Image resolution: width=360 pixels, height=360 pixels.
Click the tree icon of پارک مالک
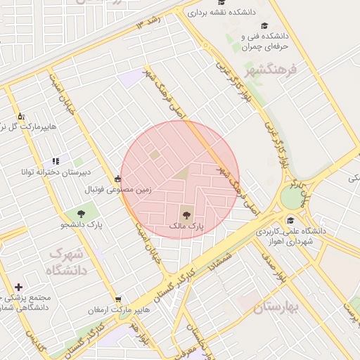tap(186, 215)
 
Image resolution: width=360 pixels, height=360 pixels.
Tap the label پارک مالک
tap(186, 227)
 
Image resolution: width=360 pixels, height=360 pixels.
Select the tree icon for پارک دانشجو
tap(82, 212)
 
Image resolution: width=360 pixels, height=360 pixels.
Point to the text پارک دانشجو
tap(82, 225)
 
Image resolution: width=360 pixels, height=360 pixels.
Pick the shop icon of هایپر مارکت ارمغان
tap(117, 300)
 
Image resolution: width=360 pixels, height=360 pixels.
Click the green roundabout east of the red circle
tap(291, 198)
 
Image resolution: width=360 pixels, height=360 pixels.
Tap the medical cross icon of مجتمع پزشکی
tap(18, 287)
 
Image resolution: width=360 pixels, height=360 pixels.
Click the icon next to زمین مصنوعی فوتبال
tap(117, 179)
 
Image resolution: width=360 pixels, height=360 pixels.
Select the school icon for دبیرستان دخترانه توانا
tap(56, 162)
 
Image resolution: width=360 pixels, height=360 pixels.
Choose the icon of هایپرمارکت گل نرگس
tap(21, 116)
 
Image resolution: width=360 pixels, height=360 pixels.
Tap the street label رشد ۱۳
tap(149, 22)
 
